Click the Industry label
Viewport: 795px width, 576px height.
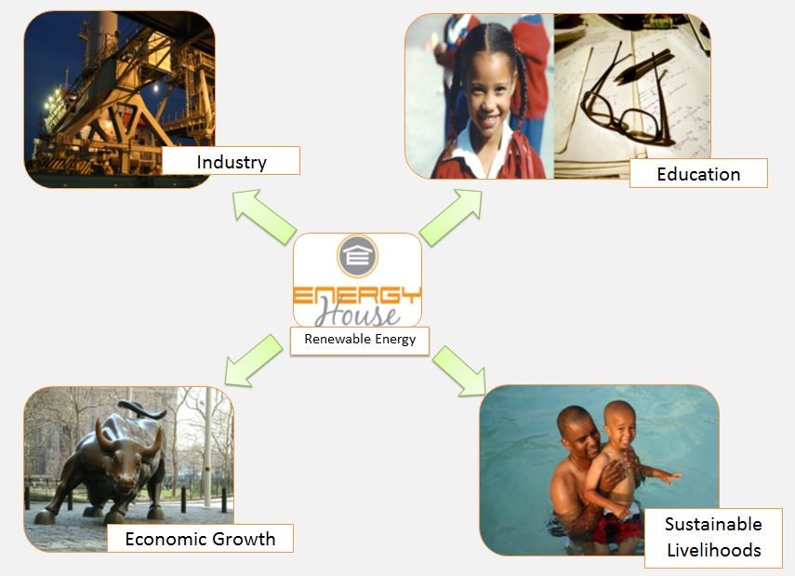[x=232, y=162]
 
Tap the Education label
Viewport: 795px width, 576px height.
[x=698, y=174]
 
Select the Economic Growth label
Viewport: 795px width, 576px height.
[x=200, y=539]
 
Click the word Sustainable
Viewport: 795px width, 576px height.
[x=713, y=524]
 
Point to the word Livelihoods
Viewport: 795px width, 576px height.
[x=714, y=550]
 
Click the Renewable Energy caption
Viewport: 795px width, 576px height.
[x=360, y=339]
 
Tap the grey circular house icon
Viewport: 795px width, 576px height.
[x=358, y=256]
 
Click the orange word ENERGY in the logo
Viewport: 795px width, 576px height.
[x=357, y=296]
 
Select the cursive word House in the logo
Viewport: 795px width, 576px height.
[x=357, y=314]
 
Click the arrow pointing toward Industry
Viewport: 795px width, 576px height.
[x=264, y=216]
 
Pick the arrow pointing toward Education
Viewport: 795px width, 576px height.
[x=451, y=217]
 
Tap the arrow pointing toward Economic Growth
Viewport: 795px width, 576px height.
[x=254, y=361]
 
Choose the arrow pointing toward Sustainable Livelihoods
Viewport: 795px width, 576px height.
[x=459, y=370]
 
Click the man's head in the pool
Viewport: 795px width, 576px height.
[x=579, y=432]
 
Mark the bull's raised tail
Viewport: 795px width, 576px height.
[x=142, y=409]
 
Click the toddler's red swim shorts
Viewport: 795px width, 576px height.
[x=618, y=527]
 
